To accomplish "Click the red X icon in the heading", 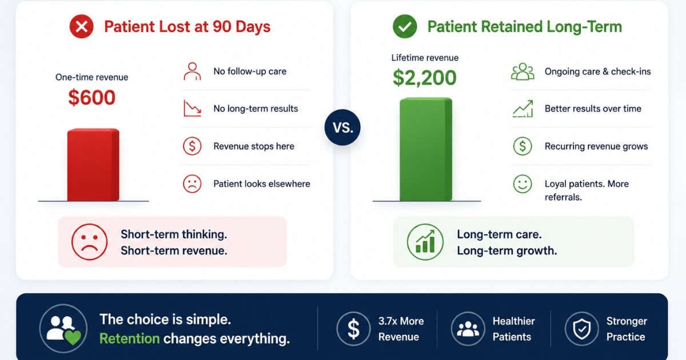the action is pyautogui.click(x=81, y=26).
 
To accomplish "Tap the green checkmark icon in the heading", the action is pyautogui.click(x=405, y=26).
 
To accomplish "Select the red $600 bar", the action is pyautogui.click(x=93, y=165).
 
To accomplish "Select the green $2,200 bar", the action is pyautogui.click(x=426, y=149).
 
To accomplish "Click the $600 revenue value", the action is pyautogui.click(x=92, y=97).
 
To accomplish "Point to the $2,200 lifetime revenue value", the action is pyautogui.click(x=424, y=78).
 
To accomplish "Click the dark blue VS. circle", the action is pyautogui.click(x=342, y=127).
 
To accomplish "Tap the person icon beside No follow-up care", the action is pyautogui.click(x=192, y=71).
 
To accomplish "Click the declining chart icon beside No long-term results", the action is pyautogui.click(x=192, y=109).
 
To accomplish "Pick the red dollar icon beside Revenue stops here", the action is pyautogui.click(x=192, y=146).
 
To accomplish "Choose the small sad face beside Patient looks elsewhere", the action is pyautogui.click(x=192, y=183).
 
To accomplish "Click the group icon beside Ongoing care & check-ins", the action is pyautogui.click(x=523, y=71).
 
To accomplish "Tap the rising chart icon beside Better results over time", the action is pyautogui.click(x=523, y=109).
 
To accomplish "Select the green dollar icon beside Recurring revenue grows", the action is pyautogui.click(x=523, y=146).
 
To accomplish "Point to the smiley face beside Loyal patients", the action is pyautogui.click(x=523, y=183).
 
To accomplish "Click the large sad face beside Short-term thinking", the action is pyautogui.click(x=89, y=242).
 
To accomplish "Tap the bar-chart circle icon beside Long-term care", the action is pyautogui.click(x=425, y=242).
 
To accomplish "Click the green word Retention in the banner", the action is pyautogui.click(x=130, y=338).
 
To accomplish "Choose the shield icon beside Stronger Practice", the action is pyautogui.click(x=581, y=329).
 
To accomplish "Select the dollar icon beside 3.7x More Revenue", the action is pyautogui.click(x=353, y=329).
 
